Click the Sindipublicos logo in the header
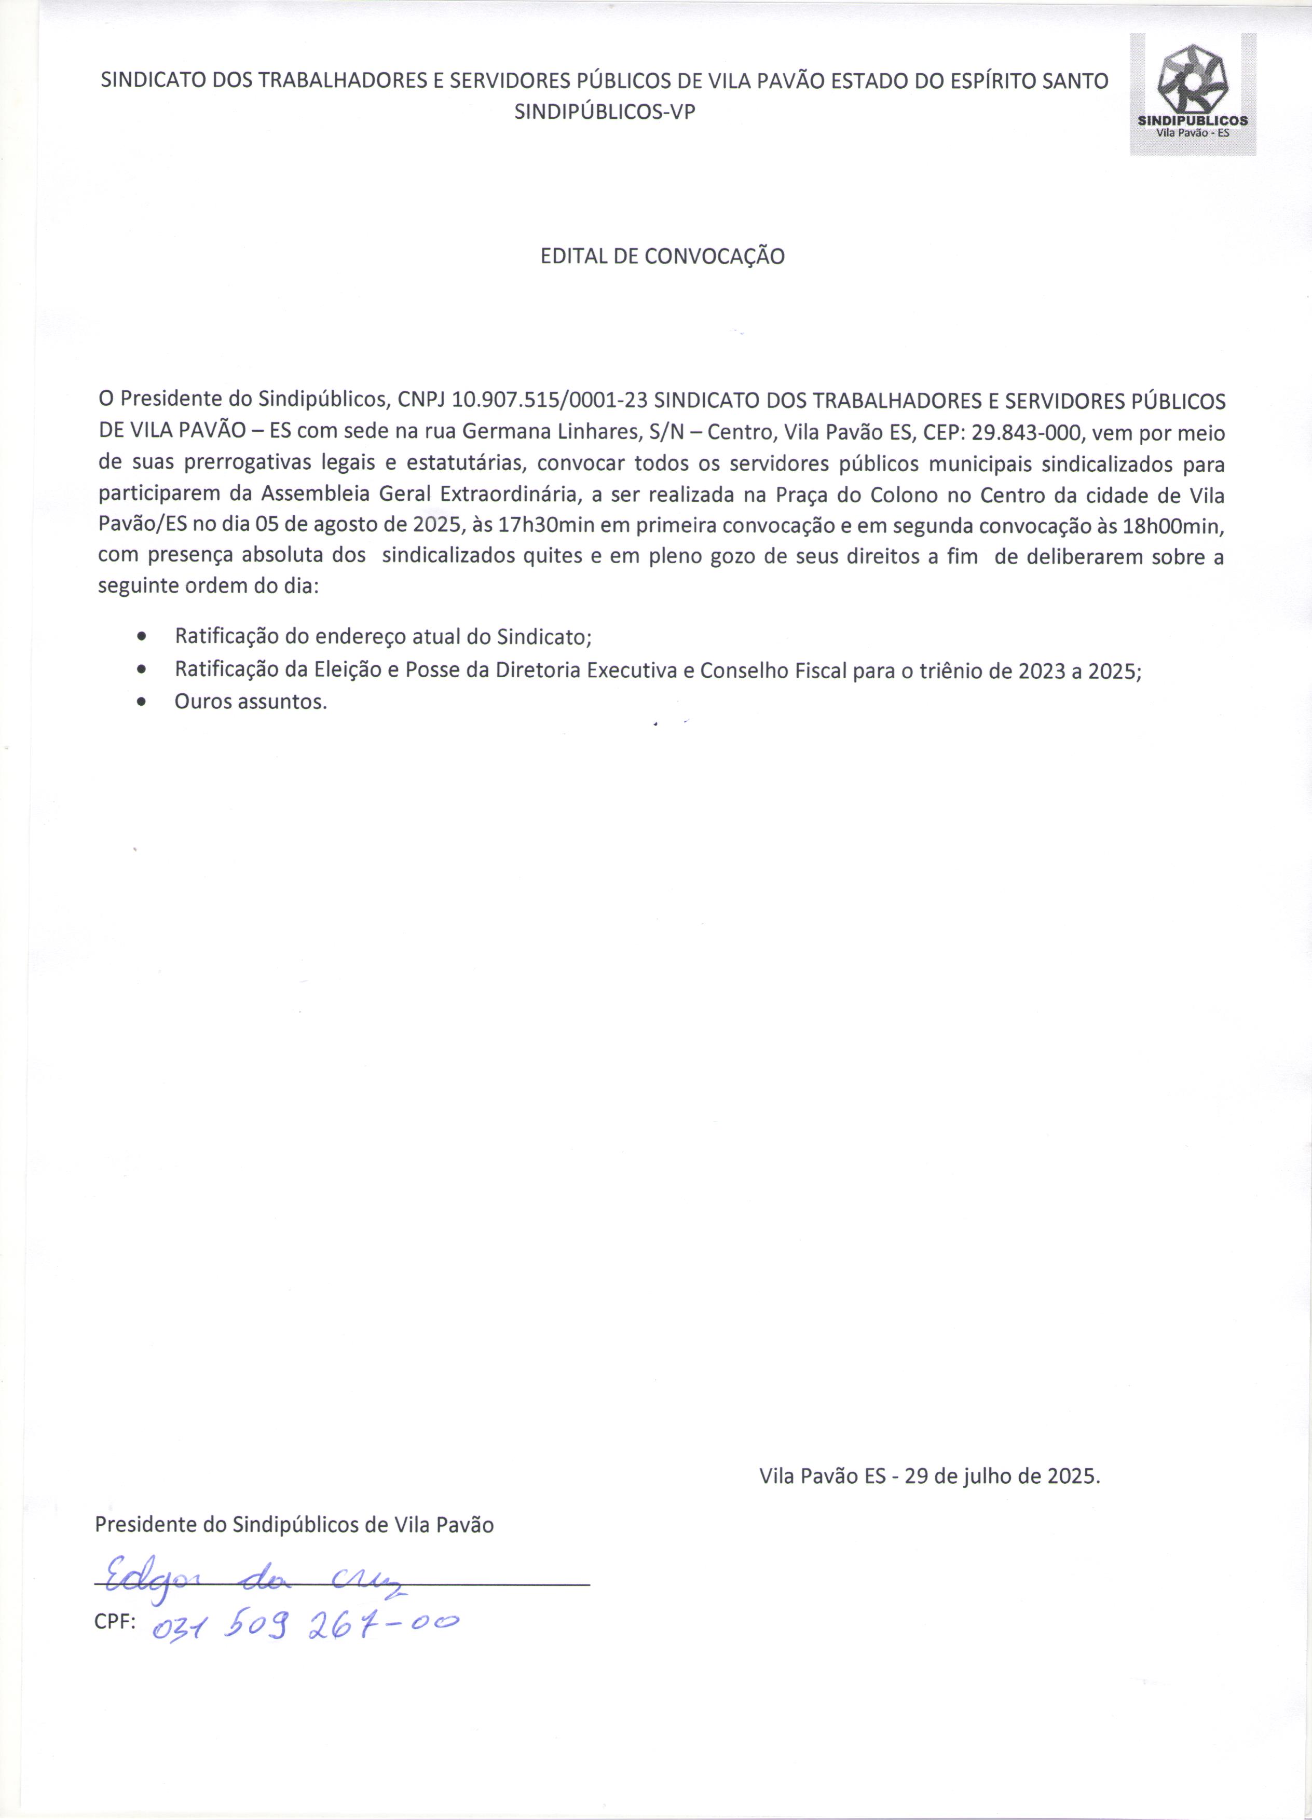(1193, 94)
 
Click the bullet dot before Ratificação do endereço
(142, 638)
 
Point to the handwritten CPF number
(305, 1623)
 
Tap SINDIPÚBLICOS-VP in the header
(604, 112)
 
